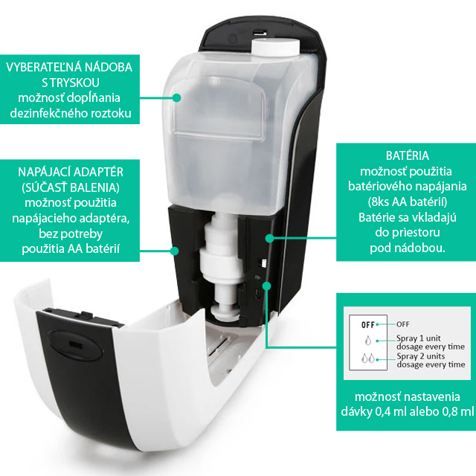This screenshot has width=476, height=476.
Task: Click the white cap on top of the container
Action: [x=275, y=47]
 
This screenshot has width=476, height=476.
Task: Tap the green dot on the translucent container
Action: [x=176, y=97]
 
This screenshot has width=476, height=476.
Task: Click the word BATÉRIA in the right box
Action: [x=408, y=155]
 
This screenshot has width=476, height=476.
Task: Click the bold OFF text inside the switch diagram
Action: [x=368, y=325]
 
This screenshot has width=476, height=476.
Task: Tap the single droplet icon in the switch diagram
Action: [x=368, y=341]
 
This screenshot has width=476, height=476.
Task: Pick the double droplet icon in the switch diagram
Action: [x=368, y=358]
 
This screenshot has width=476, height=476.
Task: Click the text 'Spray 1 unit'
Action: [x=418, y=338]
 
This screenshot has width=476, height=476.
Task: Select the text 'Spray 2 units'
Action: [x=420, y=356]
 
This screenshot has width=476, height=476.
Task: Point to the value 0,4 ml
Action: [x=391, y=411]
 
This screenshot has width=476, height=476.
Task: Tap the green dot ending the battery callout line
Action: [x=269, y=238]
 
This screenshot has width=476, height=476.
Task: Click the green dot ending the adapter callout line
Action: [x=174, y=251]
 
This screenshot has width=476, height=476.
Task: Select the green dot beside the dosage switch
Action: [x=266, y=286]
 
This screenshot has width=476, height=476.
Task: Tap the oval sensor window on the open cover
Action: [x=74, y=344]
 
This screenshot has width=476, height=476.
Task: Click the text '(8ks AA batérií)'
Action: [x=408, y=202]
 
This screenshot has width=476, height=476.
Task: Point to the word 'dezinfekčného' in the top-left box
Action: [x=46, y=113]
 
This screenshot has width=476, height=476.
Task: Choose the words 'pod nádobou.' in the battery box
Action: [x=408, y=248]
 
